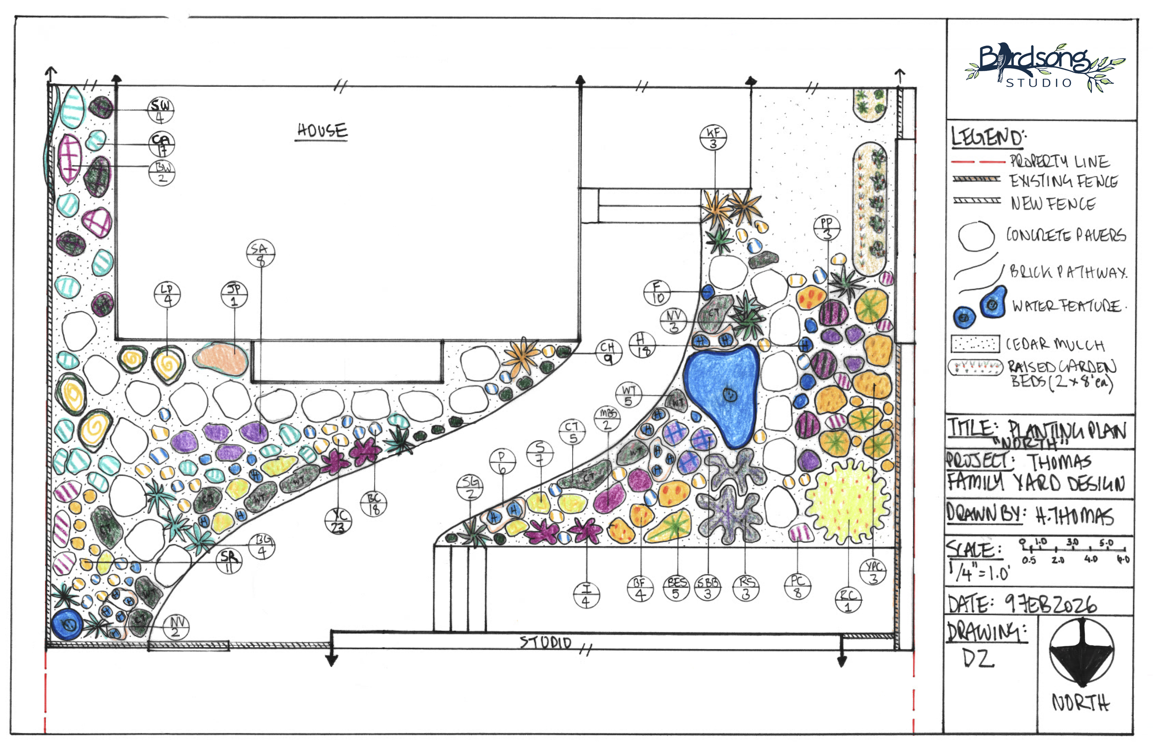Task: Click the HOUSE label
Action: (322, 130)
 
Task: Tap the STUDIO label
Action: (545, 642)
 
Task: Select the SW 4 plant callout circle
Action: (161, 110)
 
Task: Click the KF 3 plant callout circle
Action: (713, 137)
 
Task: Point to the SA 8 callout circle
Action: (261, 253)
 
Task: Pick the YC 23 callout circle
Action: (338, 520)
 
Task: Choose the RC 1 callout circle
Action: (848, 600)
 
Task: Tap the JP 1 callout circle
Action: (234, 295)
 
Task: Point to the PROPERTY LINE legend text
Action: (1059, 161)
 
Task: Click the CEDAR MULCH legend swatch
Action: (974, 344)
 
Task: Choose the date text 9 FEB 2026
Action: (1051, 605)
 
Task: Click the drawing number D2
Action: (978, 658)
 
